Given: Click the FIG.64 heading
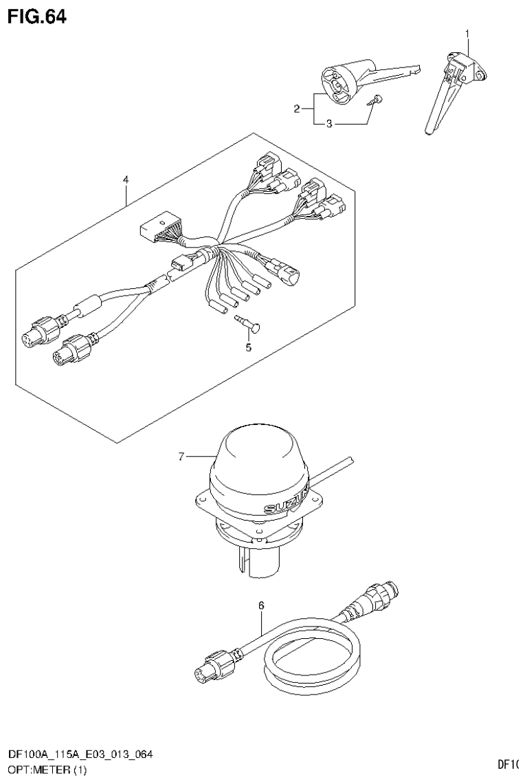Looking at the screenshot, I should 37,17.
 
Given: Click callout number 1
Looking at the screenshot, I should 469,33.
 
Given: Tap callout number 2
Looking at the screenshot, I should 297,109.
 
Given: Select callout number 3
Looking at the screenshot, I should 329,124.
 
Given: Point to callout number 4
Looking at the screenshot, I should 126,180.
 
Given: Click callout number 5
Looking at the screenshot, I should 248,347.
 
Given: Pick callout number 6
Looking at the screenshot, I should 261,605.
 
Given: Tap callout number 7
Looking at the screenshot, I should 181,455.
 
